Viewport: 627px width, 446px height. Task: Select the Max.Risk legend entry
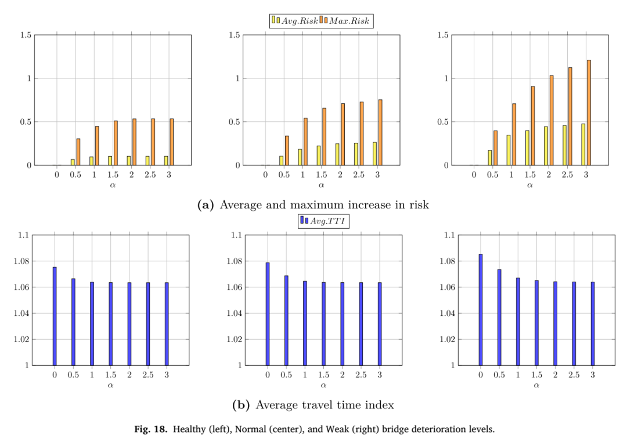coord(345,20)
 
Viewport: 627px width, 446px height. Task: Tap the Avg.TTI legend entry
coord(323,221)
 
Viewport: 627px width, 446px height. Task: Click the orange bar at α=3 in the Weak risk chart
coord(589,113)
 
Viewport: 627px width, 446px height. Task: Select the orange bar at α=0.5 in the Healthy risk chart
coord(78,152)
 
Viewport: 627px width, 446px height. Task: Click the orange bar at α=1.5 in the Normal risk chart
coord(325,136)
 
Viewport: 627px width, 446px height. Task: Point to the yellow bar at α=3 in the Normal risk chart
coord(374,153)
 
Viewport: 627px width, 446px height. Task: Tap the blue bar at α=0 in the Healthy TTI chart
coord(55,316)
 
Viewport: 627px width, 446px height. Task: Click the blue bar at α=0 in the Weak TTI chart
coord(481,310)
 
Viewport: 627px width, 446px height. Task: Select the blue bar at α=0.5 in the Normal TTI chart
coord(286,321)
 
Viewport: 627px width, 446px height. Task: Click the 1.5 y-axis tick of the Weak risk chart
coord(443,35)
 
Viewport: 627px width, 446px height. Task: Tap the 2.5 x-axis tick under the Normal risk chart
coord(359,175)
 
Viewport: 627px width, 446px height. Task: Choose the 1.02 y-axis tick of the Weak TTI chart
coord(448,340)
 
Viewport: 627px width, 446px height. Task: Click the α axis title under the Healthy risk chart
coord(113,185)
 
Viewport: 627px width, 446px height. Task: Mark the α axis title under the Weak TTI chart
coord(536,385)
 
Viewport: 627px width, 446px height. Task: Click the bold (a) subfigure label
coord(206,205)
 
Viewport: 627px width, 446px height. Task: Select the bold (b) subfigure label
coord(241,405)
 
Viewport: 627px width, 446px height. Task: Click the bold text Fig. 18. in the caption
coord(151,430)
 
